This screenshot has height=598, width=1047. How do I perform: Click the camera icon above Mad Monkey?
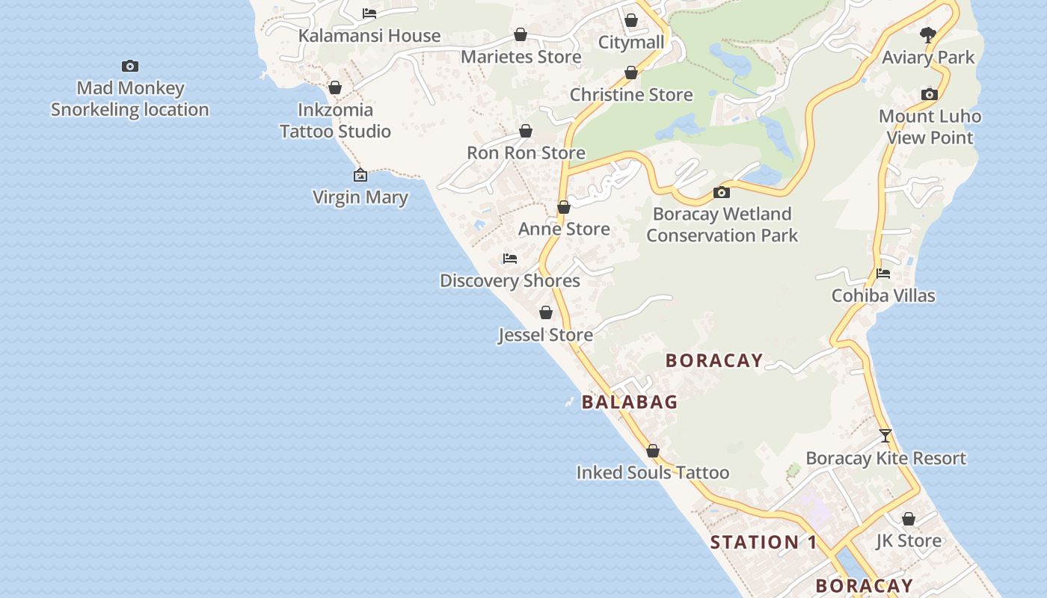(x=130, y=67)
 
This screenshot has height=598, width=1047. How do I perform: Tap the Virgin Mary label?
(x=360, y=197)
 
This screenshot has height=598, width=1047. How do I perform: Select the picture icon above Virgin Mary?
(x=360, y=176)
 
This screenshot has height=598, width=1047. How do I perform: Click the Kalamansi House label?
(x=369, y=36)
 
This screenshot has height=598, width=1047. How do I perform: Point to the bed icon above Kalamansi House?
(x=369, y=13)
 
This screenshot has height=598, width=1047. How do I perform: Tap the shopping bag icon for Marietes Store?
(x=521, y=35)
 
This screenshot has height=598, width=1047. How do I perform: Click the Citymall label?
(x=631, y=42)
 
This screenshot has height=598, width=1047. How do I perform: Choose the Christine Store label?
(x=631, y=95)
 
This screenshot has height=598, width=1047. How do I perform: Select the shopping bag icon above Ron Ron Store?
(x=526, y=132)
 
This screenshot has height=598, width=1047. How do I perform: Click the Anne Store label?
(x=564, y=229)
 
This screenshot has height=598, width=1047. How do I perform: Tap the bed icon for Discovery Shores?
(x=510, y=259)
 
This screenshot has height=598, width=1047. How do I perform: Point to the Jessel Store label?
(x=546, y=335)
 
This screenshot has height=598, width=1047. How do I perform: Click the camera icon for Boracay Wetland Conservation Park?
(x=722, y=193)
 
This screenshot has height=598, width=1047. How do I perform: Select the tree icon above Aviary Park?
(x=928, y=34)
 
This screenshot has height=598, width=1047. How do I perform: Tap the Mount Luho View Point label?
(x=930, y=127)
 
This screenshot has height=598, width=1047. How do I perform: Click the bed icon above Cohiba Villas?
(x=883, y=274)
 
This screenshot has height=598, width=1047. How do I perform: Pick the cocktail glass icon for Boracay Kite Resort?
(x=885, y=436)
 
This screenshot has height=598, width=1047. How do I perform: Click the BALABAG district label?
(x=630, y=402)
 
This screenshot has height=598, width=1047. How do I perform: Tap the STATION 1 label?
(x=764, y=543)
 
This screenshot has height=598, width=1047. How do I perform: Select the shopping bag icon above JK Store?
(x=909, y=519)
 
